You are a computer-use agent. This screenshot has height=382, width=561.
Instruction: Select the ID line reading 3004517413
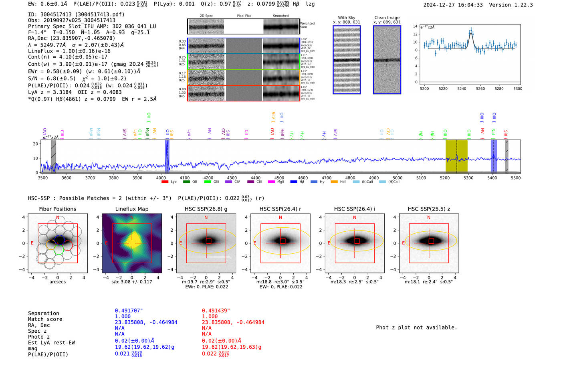click(x=76, y=14)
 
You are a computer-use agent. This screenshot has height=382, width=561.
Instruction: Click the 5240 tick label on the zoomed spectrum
click(x=462, y=89)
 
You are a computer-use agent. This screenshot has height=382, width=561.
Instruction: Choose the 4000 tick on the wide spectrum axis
click(x=161, y=178)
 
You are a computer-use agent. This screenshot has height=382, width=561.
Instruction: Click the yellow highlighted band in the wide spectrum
click(x=456, y=156)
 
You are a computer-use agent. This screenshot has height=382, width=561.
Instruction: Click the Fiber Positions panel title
click(x=57, y=209)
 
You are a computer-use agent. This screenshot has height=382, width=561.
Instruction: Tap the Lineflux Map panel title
click(x=131, y=209)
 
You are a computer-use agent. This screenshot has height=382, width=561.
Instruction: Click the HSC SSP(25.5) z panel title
click(x=429, y=209)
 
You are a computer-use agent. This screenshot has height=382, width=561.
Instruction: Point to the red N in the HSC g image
click(x=206, y=218)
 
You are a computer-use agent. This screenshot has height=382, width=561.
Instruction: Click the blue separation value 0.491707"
click(x=129, y=311)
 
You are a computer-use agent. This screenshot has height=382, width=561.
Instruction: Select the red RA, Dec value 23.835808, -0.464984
click(x=233, y=322)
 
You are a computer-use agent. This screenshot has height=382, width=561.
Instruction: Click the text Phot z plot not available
click(x=416, y=327)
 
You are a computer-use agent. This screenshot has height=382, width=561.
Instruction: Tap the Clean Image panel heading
click(x=387, y=18)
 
